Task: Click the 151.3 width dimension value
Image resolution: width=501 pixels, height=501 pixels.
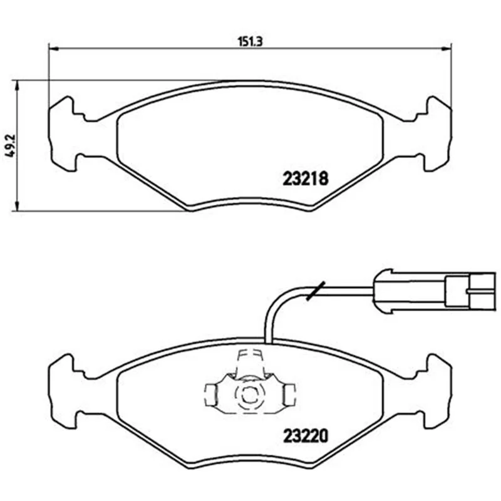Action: pyautogui.click(x=250, y=42)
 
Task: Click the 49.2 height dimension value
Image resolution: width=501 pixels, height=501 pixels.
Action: pyautogui.click(x=11, y=145)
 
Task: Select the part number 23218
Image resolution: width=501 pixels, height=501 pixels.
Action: pyautogui.click(x=306, y=178)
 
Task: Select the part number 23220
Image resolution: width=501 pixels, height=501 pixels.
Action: pyautogui.click(x=306, y=435)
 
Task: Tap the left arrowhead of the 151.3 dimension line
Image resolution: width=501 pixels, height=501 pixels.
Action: pyautogui.click(x=53, y=49)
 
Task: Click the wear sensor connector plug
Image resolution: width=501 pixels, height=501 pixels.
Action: pyautogui.click(x=435, y=291)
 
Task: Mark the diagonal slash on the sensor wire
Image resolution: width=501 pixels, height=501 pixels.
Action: pyautogui.click(x=316, y=291)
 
